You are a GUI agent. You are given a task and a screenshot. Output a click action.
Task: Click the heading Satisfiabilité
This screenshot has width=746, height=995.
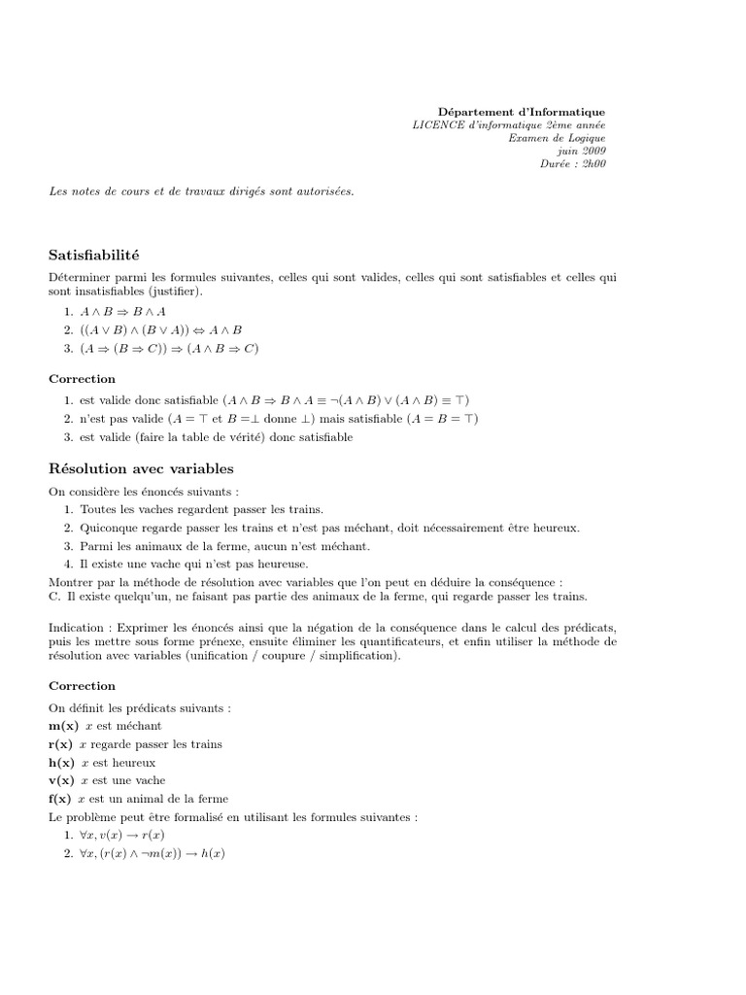tap(94, 256)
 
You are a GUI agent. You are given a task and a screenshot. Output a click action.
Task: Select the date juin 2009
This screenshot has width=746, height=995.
tap(580, 151)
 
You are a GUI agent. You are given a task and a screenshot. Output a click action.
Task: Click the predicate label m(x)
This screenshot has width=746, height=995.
tap(62, 726)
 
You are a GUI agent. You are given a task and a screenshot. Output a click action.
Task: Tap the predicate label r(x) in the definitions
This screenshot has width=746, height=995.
tap(61, 744)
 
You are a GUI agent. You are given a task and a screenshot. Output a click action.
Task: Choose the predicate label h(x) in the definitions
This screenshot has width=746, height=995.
tap(62, 763)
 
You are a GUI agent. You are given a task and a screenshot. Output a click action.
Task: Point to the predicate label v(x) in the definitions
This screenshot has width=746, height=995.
tap(61, 780)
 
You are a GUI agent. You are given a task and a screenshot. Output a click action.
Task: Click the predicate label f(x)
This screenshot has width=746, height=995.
tap(60, 799)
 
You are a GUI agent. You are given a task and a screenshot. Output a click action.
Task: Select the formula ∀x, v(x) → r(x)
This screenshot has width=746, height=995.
tap(122, 836)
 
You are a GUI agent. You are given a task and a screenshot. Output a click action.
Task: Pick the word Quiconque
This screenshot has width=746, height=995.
tap(109, 528)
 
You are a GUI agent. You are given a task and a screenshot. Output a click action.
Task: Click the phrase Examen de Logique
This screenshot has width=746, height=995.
tap(557, 138)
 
